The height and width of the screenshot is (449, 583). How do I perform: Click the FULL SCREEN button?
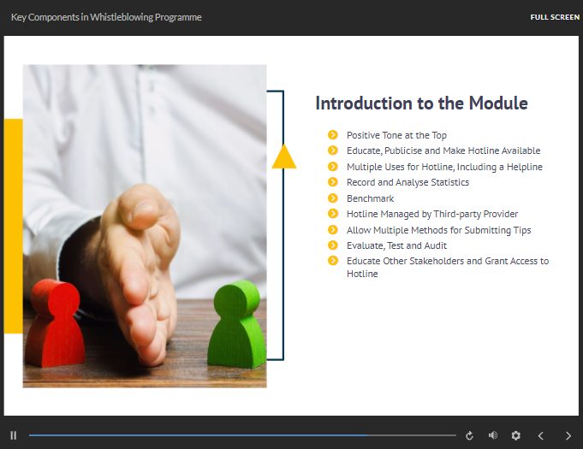pyautogui.click(x=555, y=17)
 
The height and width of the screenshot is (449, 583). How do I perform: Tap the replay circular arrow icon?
pyautogui.click(x=469, y=435)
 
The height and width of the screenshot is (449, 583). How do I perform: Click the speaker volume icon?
pyautogui.click(x=492, y=435)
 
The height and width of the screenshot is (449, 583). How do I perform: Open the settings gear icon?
pyautogui.click(x=515, y=435)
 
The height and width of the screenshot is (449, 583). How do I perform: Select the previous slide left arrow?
pyautogui.click(x=541, y=435)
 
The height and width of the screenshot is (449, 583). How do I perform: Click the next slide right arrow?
pyautogui.click(x=568, y=435)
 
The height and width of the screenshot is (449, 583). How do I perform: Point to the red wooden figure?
pyautogui.click(x=55, y=323)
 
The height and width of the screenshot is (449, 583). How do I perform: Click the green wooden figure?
pyautogui.click(x=237, y=324)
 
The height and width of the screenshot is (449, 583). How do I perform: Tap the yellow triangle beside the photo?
pyautogui.click(x=284, y=157)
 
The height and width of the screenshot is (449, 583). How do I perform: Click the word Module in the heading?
pyautogui.click(x=498, y=103)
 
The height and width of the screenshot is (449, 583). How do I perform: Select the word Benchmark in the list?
pyautogui.click(x=371, y=198)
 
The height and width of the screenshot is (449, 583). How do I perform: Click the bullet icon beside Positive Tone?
pyautogui.click(x=333, y=135)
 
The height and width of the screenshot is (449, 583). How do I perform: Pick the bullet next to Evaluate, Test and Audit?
pyautogui.click(x=333, y=245)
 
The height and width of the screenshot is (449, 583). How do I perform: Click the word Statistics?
pyautogui.click(x=450, y=182)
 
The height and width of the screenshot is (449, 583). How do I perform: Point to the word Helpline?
pyautogui.click(x=524, y=167)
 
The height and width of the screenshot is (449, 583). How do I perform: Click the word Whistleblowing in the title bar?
pyautogui.click(x=122, y=17)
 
